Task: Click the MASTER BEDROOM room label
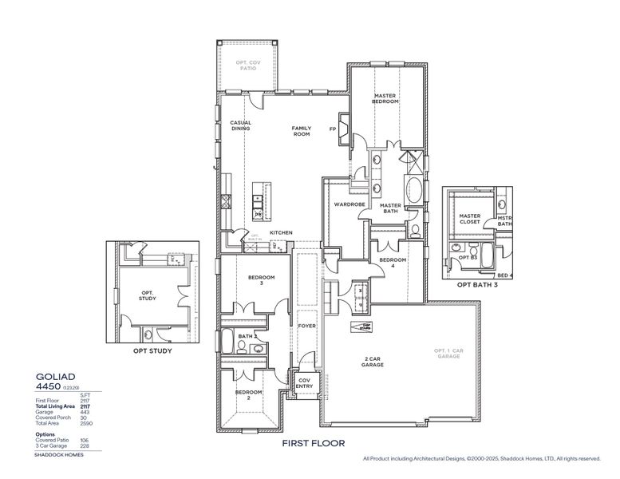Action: [x=385, y=98]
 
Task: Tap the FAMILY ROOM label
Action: [x=301, y=131]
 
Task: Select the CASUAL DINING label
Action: [x=241, y=125]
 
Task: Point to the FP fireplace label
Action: [x=333, y=129]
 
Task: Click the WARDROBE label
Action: [x=349, y=204]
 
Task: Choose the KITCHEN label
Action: [x=281, y=232]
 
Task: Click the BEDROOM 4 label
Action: [x=393, y=263]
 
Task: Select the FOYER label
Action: [x=307, y=326]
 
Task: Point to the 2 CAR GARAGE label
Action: [x=372, y=362]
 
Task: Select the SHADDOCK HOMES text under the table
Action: [x=59, y=454]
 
